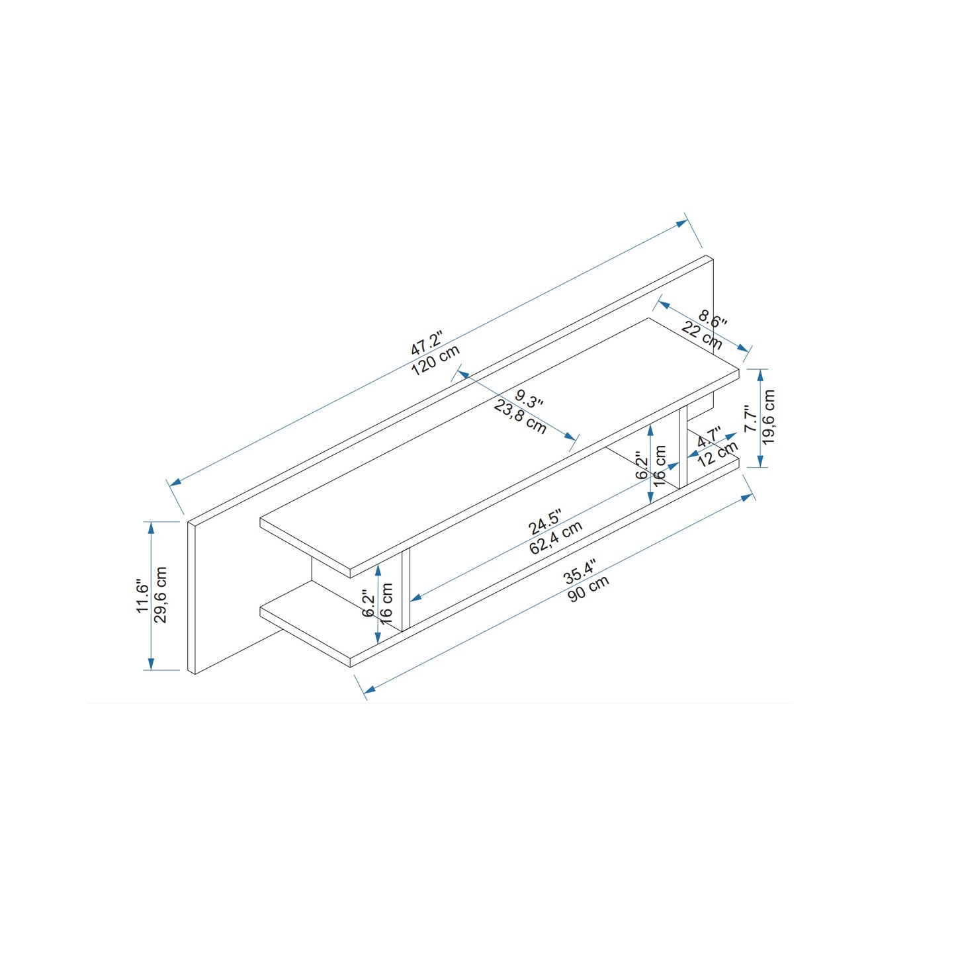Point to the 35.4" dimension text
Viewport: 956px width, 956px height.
578,572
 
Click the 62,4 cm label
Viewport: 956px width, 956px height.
556,537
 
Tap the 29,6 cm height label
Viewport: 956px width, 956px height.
160,594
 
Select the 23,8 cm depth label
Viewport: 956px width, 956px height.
520,417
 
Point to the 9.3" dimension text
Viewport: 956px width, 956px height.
529,399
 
